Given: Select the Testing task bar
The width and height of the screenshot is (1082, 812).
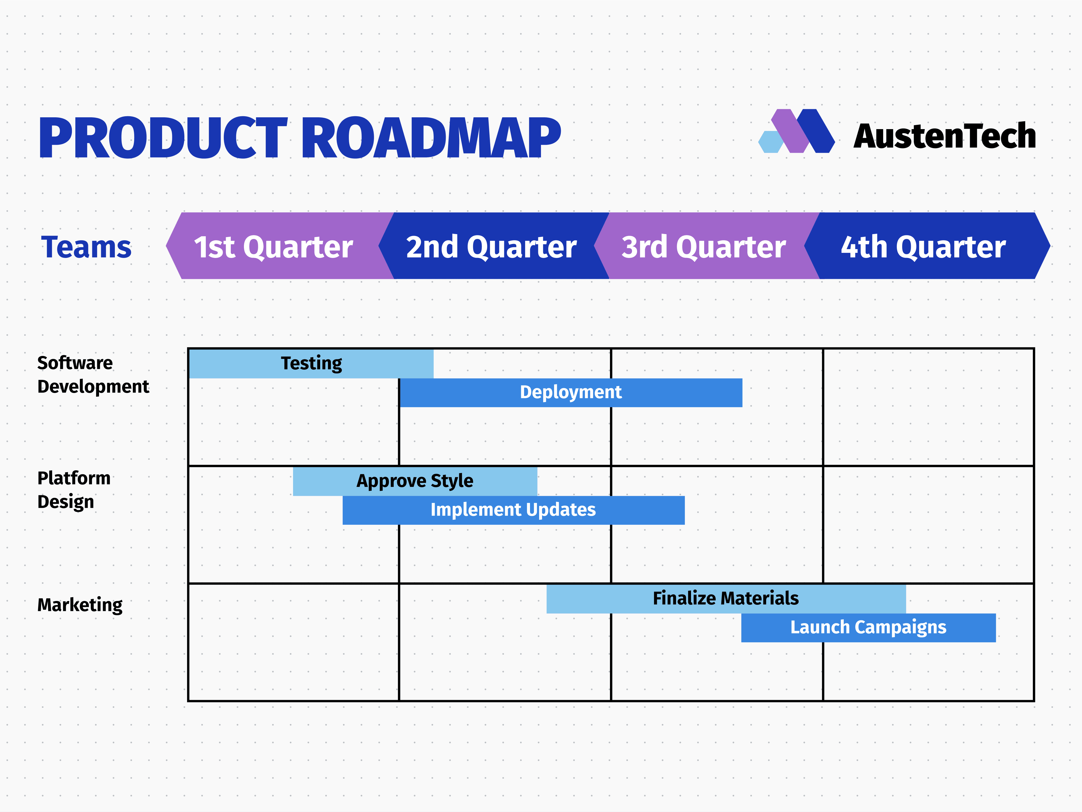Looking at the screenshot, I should [x=311, y=363].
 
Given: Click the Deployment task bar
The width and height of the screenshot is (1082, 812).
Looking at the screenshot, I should [x=570, y=392].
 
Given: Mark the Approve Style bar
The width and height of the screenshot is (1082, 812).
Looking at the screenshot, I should [x=415, y=481].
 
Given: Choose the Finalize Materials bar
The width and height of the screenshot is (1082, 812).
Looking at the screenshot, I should [x=726, y=598].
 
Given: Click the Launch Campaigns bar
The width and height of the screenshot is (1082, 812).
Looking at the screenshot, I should [x=868, y=628].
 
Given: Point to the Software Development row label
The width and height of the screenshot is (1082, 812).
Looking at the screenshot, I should [x=93, y=375].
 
